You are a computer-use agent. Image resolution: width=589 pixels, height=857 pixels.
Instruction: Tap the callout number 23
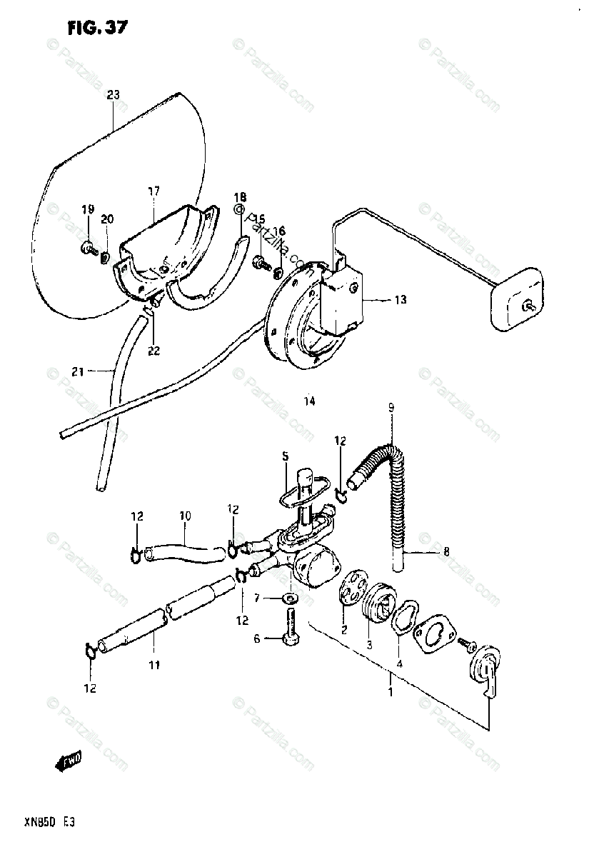(x=114, y=95)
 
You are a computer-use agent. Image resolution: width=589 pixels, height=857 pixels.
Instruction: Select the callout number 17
(x=153, y=191)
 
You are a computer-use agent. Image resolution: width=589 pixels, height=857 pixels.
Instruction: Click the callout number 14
(x=308, y=401)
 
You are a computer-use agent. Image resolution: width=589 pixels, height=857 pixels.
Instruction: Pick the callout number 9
(x=391, y=409)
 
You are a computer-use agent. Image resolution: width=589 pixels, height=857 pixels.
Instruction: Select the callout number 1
(x=391, y=691)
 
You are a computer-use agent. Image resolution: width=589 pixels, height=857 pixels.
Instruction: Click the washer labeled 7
(x=290, y=596)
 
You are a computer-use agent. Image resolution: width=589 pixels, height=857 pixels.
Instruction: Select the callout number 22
(x=154, y=351)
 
